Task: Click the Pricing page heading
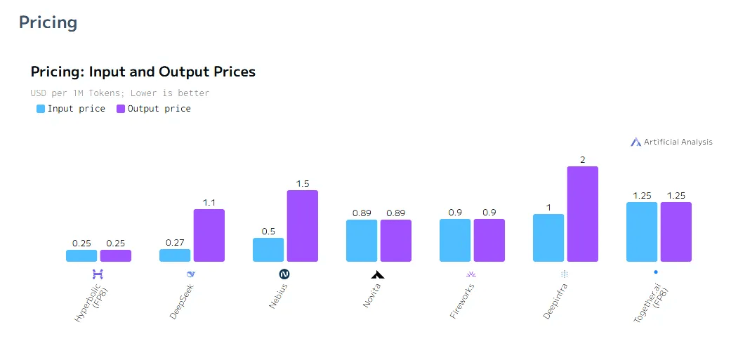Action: click(x=48, y=22)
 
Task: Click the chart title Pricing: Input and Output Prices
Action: click(x=143, y=72)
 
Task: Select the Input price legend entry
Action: click(x=71, y=109)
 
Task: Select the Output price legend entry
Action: click(x=154, y=109)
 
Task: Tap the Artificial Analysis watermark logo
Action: click(x=672, y=142)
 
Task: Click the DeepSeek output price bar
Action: click(x=209, y=235)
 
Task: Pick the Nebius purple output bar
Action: click(x=303, y=226)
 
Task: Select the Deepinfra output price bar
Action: click(x=583, y=214)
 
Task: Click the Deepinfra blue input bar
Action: click(x=548, y=238)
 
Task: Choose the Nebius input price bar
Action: click(x=268, y=250)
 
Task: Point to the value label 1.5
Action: click(x=303, y=184)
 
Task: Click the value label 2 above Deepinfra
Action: click(x=583, y=160)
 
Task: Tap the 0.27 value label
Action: click(x=175, y=243)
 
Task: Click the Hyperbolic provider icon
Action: click(x=98, y=273)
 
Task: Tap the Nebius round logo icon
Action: click(x=284, y=274)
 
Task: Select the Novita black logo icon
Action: click(x=378, y=274)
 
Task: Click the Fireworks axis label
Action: click(x=463, y=301)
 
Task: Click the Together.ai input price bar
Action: click(x=642, y=232)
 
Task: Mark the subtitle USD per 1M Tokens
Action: click(x=120, y=93)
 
